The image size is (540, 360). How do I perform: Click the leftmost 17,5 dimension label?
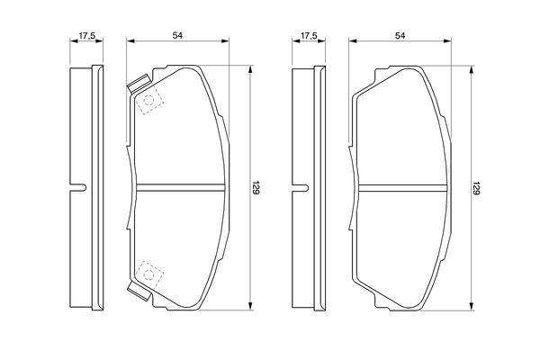pos(86,35)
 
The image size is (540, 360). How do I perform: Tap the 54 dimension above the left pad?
pos(177,35)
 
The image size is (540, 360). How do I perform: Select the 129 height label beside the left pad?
pos(256,187)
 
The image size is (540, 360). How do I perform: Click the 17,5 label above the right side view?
pos(309,35)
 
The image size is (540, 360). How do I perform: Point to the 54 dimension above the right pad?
pos(400,35)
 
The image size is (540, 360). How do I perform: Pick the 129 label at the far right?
pos(477,188)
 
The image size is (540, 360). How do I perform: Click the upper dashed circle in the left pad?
pos(148,100)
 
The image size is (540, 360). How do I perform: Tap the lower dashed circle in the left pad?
pos(149,274)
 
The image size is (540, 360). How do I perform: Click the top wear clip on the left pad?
pos(139,84)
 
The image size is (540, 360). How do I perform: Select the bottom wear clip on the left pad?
pos(139,292)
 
